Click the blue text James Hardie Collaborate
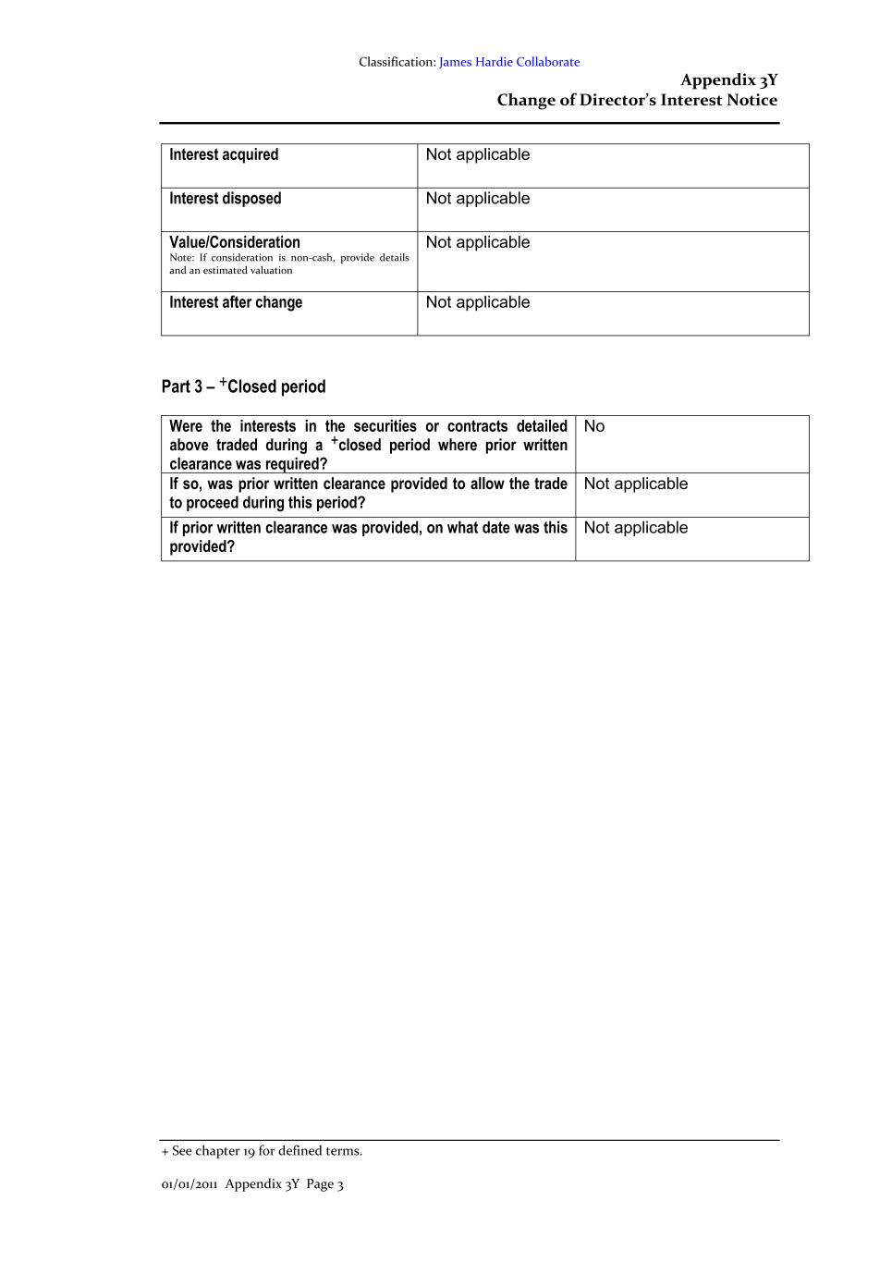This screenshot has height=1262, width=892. click(x=509, y=62)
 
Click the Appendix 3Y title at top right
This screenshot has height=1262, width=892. click(x=728, y=80)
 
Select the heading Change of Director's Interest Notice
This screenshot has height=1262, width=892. click(x=637, y=100)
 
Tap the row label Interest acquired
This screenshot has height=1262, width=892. click(x=224, y=154)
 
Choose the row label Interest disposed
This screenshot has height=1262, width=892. click(x=225, y=199)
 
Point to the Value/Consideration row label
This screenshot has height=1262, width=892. click(x=235, y=242)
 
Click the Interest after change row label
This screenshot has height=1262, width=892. click(x=236, y=302)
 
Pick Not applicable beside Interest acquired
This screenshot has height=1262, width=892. click(x=478, y=154)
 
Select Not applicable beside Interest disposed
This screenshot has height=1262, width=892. click(x=478, y=199)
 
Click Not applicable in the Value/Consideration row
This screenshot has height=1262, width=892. click(x=478, y=242)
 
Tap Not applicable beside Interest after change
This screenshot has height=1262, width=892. click(x=478, y=302)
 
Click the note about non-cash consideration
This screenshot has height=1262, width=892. click(x=288, y=264)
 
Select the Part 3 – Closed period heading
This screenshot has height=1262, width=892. click(x=243, y=386)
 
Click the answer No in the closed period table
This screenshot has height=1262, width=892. click(x=594, y=426)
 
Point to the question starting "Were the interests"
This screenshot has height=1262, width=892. click(x=368, y=445)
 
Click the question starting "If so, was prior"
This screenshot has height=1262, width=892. click(x=368, y=493)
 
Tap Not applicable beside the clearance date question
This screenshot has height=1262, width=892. click(x=636, y=528)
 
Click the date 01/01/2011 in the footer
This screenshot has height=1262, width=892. click(x=189, y=1184)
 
